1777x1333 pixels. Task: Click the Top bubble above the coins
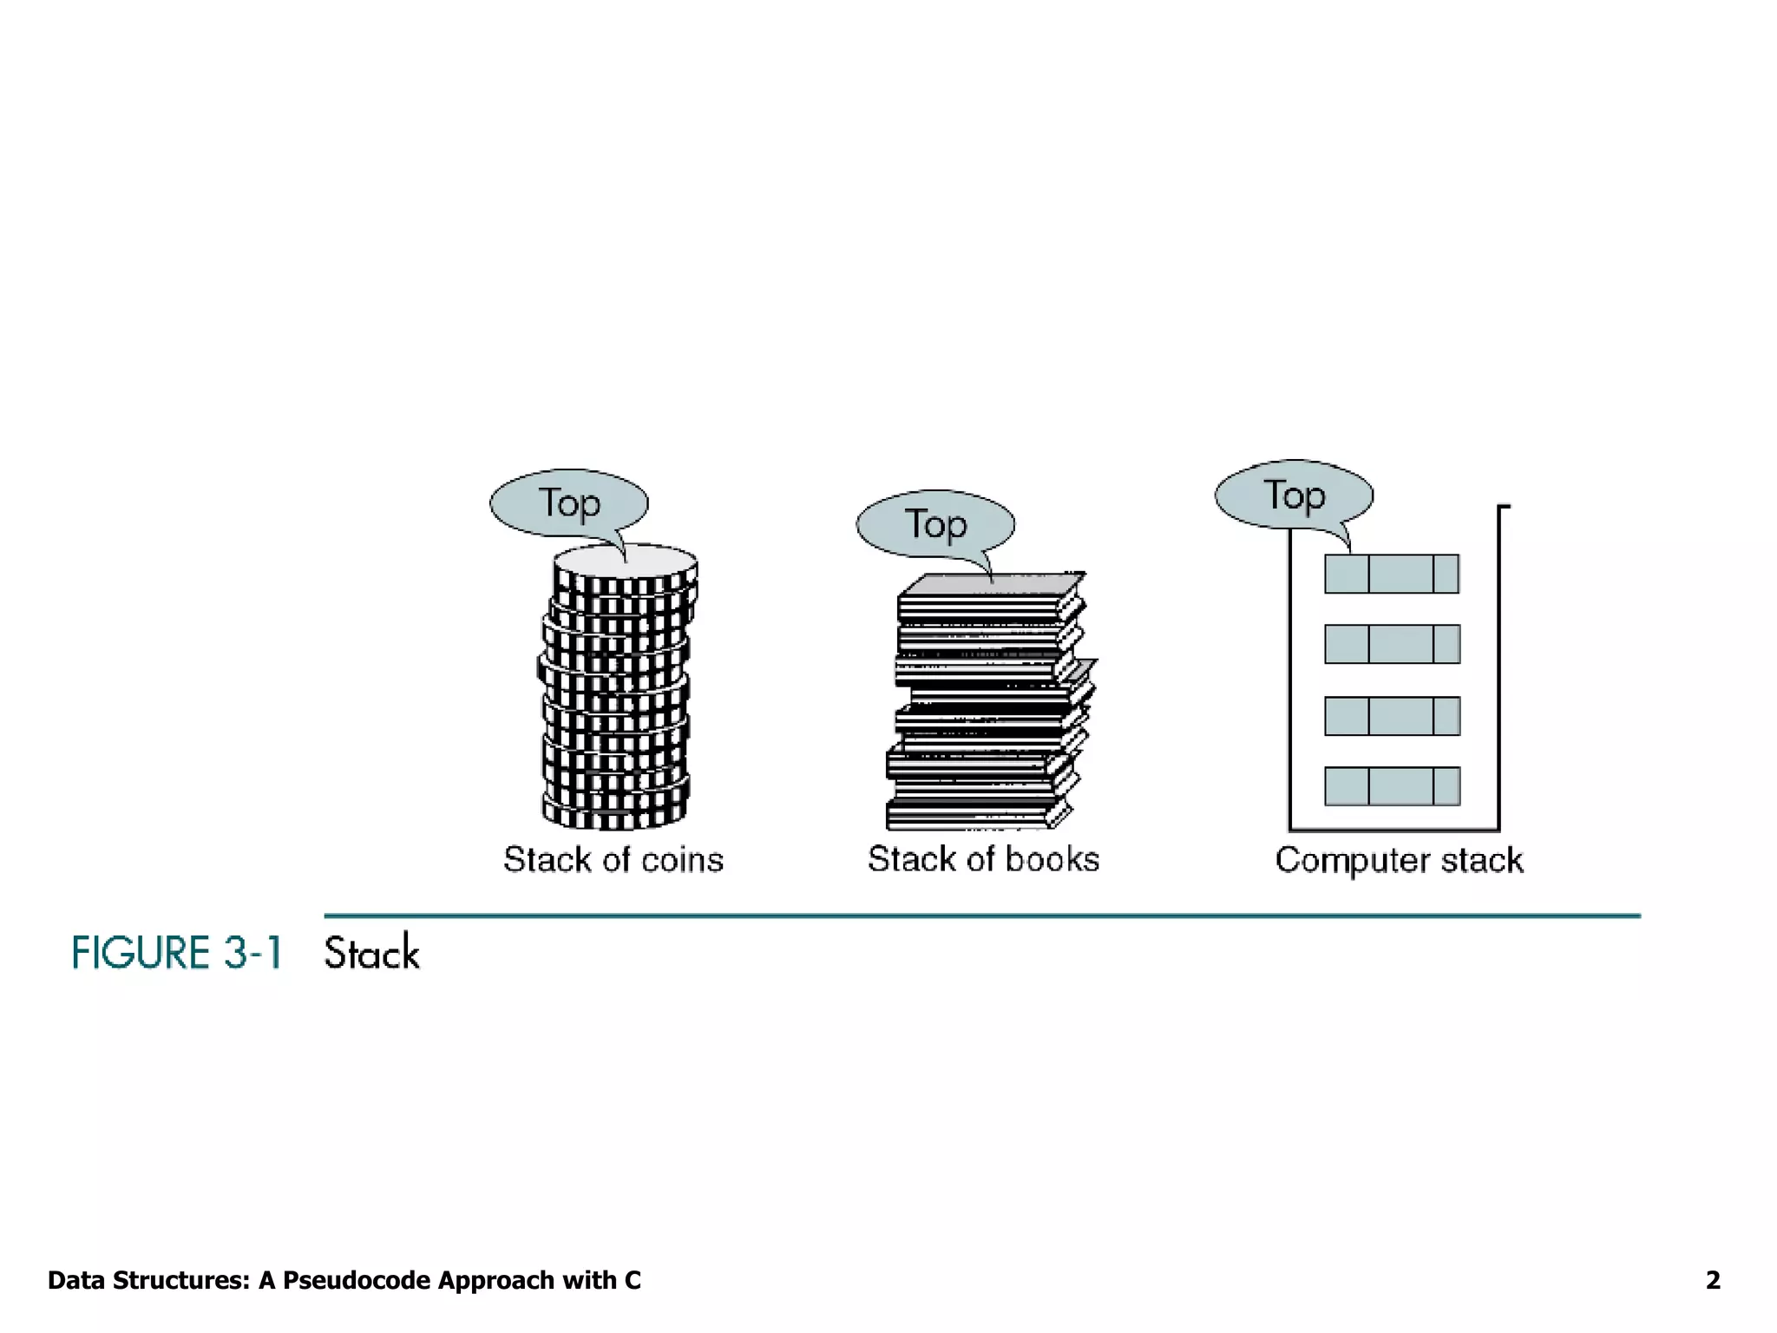tap(569, 503)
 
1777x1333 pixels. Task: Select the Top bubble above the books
tap(935, 524)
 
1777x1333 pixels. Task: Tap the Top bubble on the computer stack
tap(1294, 495)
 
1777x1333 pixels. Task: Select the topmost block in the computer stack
tap(1392, 574)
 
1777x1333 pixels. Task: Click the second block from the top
tap(1392, 644)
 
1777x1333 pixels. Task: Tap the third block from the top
tap(1392, 716)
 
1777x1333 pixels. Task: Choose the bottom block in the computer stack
tap(1392, 786)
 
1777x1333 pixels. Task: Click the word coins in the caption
tap(682, 860)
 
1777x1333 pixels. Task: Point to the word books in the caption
tap(1052, 859)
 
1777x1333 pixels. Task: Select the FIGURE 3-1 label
tap(177, 953)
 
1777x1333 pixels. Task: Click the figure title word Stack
tap(372, 953)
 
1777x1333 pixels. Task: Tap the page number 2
tap(1713, 1280)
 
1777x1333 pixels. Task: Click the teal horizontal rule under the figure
tap(981, 916)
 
